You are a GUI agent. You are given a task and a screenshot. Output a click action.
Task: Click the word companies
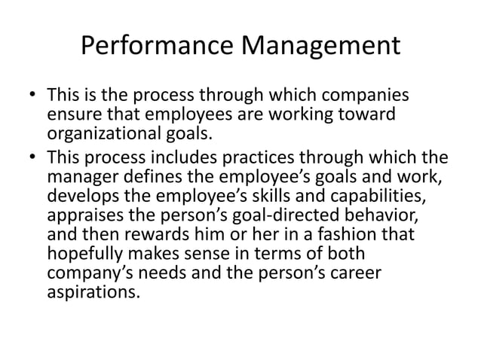point(359,98)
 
